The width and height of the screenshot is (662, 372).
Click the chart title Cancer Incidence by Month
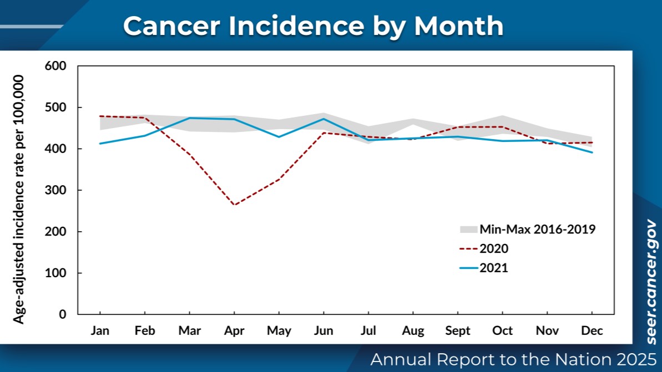tap(313, 26)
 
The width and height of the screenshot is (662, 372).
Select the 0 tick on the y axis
tap(62, 314)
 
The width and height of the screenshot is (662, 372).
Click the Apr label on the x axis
tap(234, 331)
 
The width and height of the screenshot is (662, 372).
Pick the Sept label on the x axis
tap(458, 331)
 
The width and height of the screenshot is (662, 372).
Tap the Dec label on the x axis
tap(592, 331)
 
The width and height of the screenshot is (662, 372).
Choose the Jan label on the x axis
tap(100, 331)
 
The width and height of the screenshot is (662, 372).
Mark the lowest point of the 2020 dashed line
tap(234, 205)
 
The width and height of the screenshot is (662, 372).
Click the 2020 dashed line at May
tap(279, 179)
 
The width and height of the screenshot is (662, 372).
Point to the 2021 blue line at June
tap(324, 119)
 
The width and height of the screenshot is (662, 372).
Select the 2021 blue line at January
tap(100, 144)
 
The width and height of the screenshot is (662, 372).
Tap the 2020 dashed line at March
tap(189, 155)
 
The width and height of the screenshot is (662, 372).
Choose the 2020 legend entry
tap(493, 248)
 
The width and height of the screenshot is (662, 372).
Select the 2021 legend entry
tap(493, 268)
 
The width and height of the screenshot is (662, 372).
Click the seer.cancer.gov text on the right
tap(651, 282)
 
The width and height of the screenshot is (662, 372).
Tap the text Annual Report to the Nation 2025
tap(513, 359)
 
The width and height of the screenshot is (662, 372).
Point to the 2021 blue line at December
tap(592, 152)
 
